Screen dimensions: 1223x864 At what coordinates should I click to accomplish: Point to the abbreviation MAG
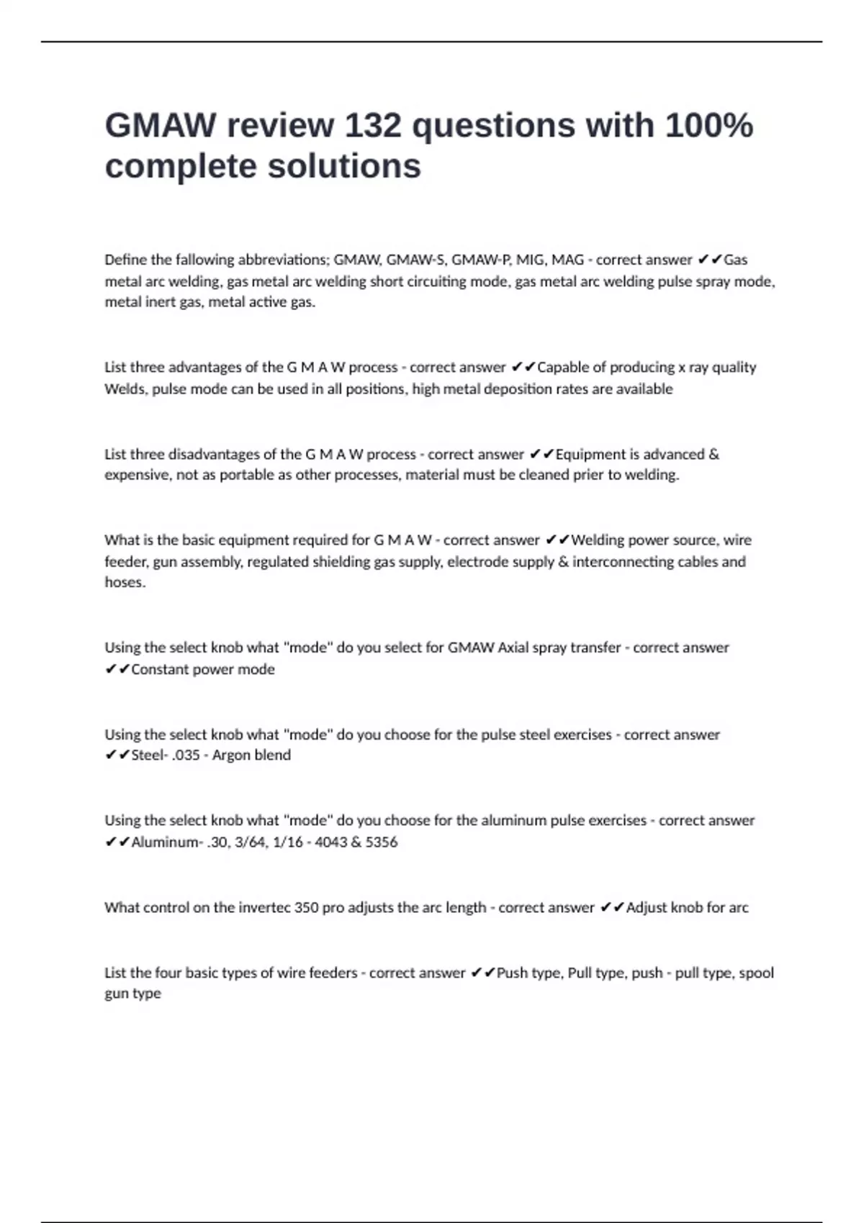click(567, 260)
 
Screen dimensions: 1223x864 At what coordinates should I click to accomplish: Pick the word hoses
click(125, 583)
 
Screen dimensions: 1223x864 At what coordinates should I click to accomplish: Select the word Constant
click(158, 670)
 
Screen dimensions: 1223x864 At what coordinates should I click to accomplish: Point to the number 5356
click(381, 842)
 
